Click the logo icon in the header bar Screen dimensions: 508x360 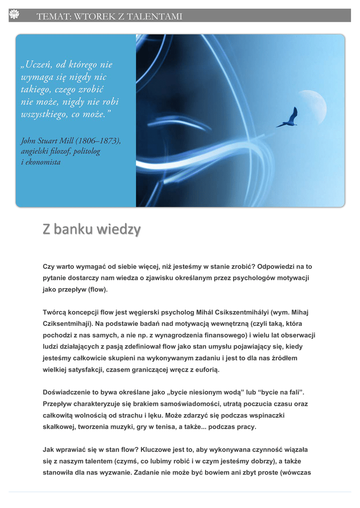13,16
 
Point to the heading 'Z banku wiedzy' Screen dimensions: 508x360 91,230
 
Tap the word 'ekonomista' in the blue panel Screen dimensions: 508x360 43,162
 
